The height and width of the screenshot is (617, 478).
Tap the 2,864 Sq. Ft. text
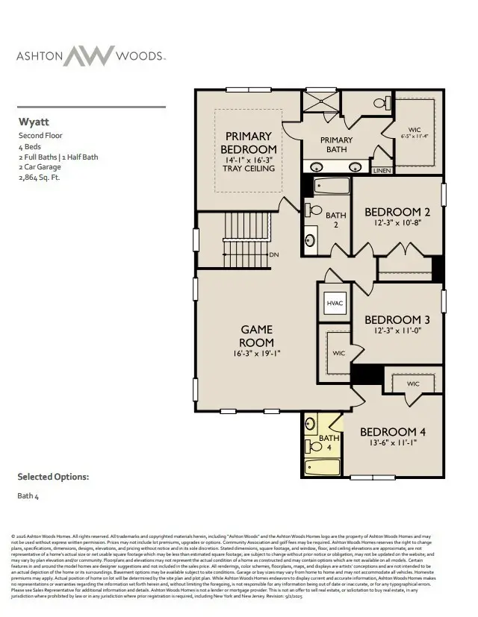(39, 178)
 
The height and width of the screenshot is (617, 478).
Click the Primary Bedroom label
(248, 143)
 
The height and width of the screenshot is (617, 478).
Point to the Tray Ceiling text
(249, 169)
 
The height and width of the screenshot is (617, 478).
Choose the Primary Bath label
(336, 145)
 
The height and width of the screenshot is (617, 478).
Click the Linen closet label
(381, 171)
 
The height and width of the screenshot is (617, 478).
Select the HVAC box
(334, 303)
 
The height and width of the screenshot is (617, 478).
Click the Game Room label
(256, 336)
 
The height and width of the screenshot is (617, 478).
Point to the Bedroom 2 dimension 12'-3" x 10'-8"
(397, 224)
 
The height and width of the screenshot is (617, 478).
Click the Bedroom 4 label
(393, 432)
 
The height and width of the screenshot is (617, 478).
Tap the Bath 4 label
(329, 442)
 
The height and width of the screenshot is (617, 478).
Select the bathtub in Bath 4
(323, 468)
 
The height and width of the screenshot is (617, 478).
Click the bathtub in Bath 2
(329, 186)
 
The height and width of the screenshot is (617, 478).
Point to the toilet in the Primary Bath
(379, 103)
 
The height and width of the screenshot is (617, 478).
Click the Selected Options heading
(53, 476)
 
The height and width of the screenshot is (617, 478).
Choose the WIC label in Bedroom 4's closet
(414, 383)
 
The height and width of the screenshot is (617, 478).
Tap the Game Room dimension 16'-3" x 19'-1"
(256, 354)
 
